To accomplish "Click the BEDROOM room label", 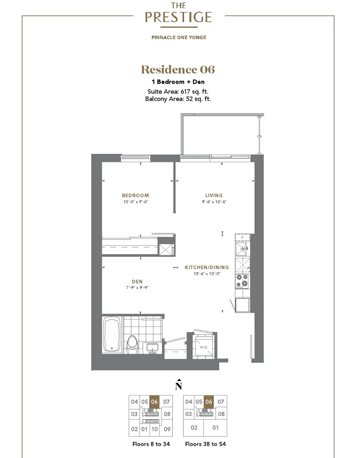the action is (x=135, y=195).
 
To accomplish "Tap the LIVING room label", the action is (x=214, y=195).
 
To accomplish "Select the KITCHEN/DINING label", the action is (x=207, y=267).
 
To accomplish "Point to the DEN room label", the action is (x=137, y=282).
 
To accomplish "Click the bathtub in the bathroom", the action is (x=112, y=335).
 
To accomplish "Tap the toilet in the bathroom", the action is (x=132, y=345).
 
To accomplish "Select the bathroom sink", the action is (x=153, y=348).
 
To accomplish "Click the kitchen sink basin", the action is (x=242, y=248).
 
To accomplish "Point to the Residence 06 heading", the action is (x=178, y=70).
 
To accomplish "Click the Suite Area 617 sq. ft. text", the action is (x=178, y=91).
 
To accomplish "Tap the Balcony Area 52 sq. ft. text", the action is (x=178, y=99).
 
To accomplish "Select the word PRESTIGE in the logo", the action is (x=178, y=17).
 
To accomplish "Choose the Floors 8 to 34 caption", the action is (x=151, y=444).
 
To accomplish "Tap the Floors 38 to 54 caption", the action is (x=205, y=444).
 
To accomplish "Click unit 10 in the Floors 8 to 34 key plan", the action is (x=155, y=429).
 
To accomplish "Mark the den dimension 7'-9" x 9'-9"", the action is (x=137, y=287).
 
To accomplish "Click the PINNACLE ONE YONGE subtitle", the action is (x=179, y=37).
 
